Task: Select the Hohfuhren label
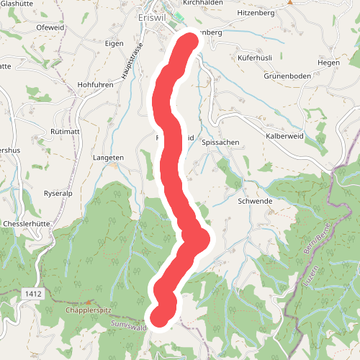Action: tap(95, 84)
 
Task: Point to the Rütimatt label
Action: tap(66, 131)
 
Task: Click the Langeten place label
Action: tap(109, 157)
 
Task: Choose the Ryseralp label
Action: tap(60, 194)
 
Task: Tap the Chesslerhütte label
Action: tap(27, 224)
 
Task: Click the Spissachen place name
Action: tap(220, 143)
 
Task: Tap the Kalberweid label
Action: tap(285, 135)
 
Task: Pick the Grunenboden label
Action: tap(286, 76)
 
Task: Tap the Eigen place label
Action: tap(114, 43)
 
